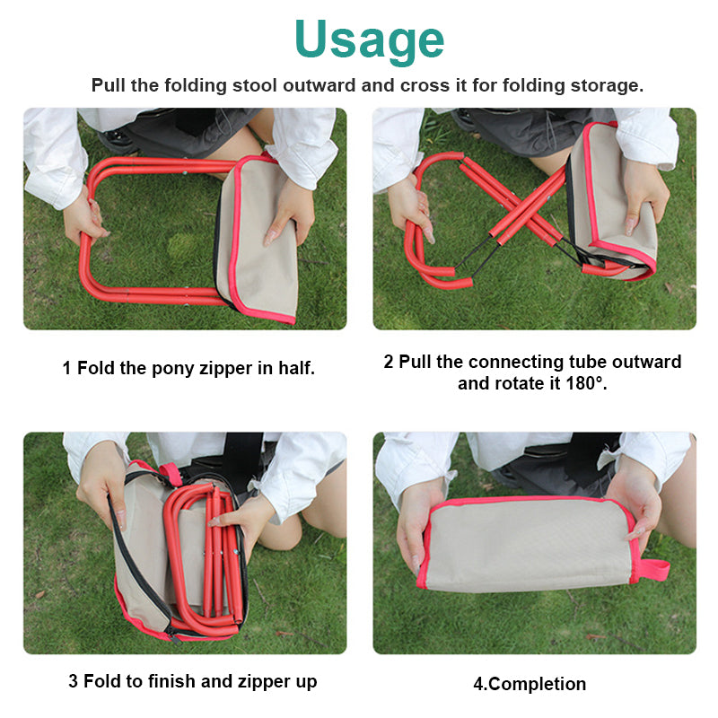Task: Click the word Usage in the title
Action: click(x=369, y=39)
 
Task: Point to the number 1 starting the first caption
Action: click(x=67, y=368)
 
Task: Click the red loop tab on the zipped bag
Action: click(x=652, y=571)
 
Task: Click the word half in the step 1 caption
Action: click(x=295, y=368)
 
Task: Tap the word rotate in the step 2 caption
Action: click(x=527, y=383)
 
